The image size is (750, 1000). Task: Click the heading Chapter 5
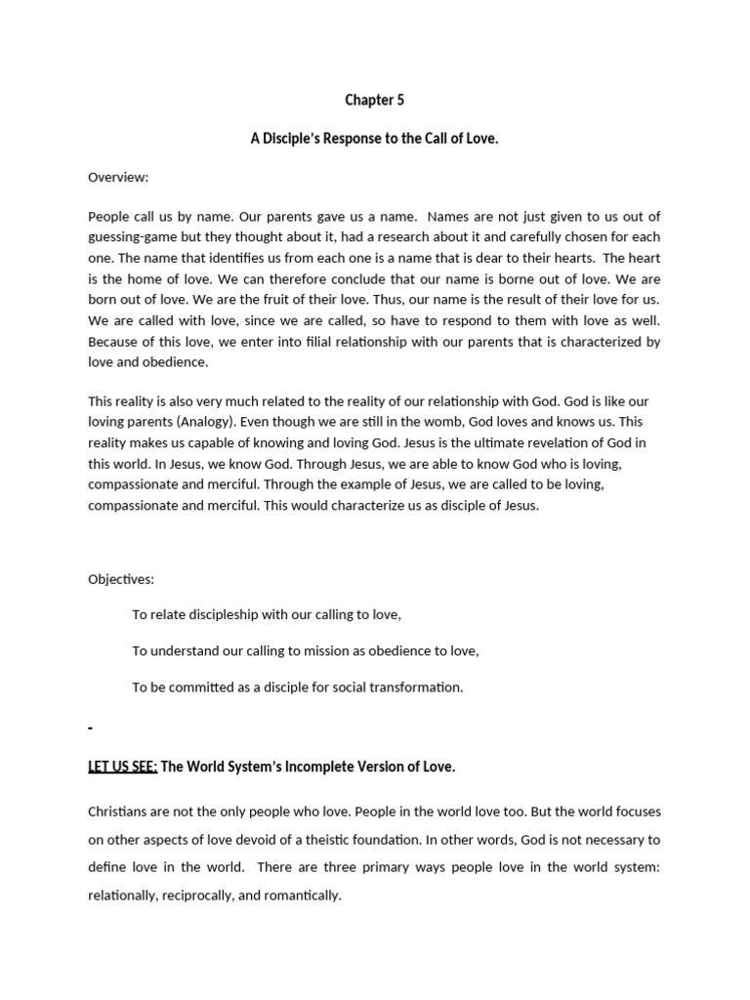click(374, 100)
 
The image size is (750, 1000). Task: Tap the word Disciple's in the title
click(293, 139)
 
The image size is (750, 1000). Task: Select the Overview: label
click(118, 177)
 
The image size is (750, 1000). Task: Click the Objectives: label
click(121, 579)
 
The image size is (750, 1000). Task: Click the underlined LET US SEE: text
click(123, 767)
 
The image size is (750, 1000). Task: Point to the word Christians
click(120, 812)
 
